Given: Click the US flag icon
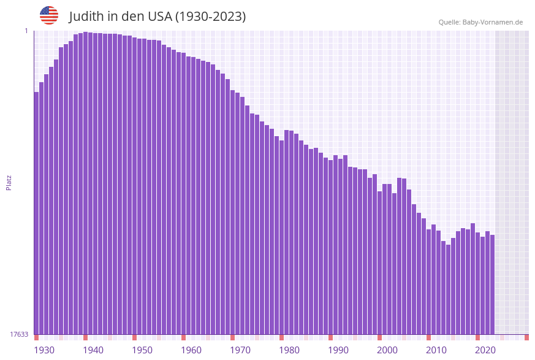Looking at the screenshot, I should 49,15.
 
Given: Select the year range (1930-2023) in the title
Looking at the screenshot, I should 211,17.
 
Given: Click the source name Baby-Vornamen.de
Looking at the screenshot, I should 493,22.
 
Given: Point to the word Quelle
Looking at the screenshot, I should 449,22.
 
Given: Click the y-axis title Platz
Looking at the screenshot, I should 9,182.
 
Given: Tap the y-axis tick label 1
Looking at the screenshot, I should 26,31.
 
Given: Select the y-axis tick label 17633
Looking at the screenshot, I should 20,334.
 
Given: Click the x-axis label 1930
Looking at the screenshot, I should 44,350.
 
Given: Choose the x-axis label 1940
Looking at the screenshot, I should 93,350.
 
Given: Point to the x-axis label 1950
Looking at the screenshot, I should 142,350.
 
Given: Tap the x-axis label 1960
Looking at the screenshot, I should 191,350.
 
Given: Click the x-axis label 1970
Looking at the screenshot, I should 240,350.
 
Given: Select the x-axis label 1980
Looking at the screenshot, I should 289,350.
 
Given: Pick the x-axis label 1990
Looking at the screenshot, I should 338,350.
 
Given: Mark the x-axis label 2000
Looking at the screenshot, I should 387,350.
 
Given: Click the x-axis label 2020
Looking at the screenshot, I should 485,350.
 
